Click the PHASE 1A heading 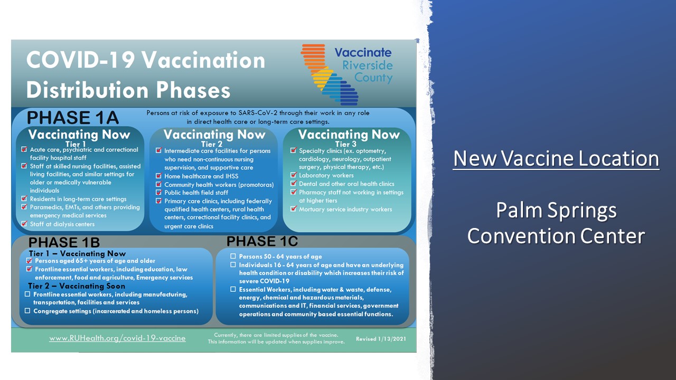(73, 118)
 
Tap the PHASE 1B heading (64, 242)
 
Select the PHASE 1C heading (262, 241)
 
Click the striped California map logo (330, 75)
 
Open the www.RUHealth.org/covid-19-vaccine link (117, 338)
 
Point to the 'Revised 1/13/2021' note (381, 339)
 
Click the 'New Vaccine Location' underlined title (556, 159)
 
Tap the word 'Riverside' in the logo (368, 65)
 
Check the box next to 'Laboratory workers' (293, 175)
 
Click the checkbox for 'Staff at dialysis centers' (24, 224)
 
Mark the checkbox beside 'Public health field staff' (159, 192)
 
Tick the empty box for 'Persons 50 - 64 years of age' (233, 256)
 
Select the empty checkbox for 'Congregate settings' (27, 311)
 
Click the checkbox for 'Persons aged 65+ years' (29, 261)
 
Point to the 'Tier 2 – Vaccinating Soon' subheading (77, 286)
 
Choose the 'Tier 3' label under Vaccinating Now (346, 144)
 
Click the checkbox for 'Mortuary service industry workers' (293, 208)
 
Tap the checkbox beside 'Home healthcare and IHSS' (159, 176)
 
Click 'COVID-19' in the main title (80, 60)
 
